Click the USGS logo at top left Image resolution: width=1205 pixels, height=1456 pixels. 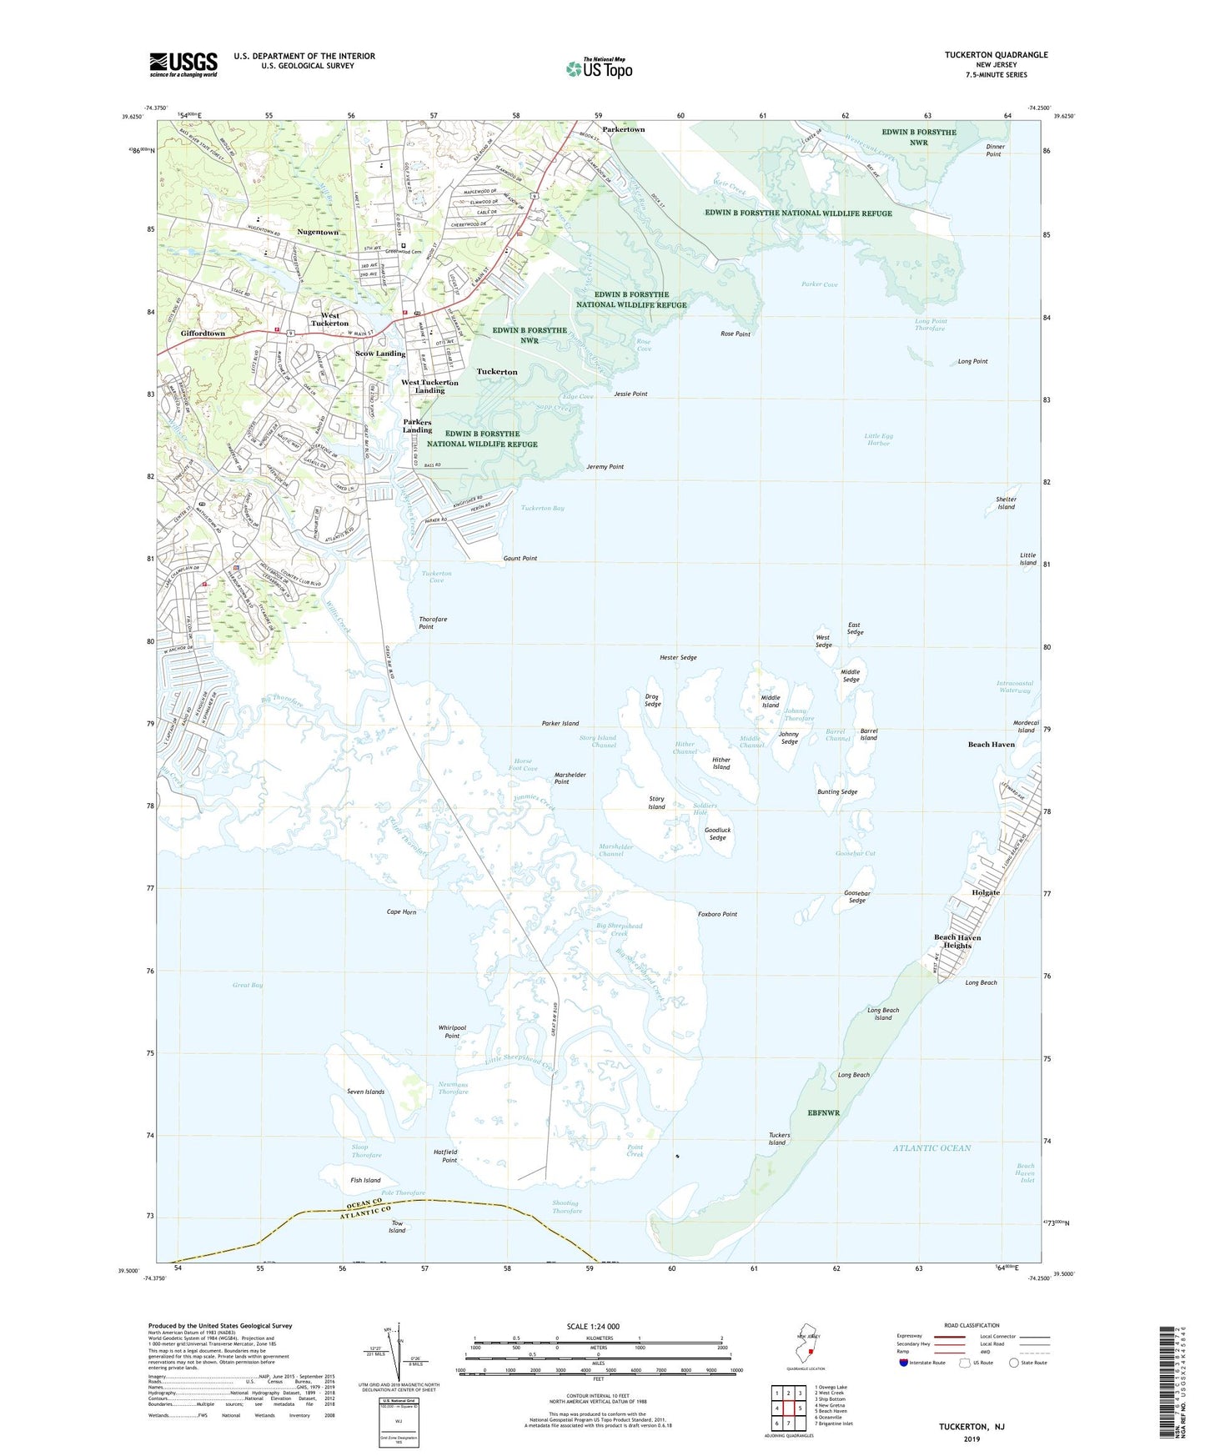point(183,64)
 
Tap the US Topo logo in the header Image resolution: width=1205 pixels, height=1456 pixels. point(599,68)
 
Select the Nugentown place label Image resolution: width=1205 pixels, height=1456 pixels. point(318,232)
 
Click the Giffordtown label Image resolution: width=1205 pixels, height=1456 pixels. point(203,334)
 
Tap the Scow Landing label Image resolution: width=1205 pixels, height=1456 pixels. point(380,354)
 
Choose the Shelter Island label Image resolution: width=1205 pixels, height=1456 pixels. point(1006,504)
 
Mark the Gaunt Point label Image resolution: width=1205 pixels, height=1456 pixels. point(520,559)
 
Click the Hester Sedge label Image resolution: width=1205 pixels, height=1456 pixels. point(678,658)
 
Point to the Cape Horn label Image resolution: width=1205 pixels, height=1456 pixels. point(401,912)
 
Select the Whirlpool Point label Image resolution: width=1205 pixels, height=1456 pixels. point(452,1032)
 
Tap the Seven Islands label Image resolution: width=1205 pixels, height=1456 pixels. point(365,1092)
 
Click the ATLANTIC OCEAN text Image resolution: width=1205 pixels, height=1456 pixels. point(931,1148)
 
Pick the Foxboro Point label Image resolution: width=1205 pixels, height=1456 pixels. point(717,915)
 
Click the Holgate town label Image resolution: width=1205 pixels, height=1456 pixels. point(985,892)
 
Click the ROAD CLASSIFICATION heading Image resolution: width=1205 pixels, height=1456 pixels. point(972,1325)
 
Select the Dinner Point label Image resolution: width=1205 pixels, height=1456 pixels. point(995,150)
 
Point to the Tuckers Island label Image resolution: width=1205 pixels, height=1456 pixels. point(777,1139)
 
